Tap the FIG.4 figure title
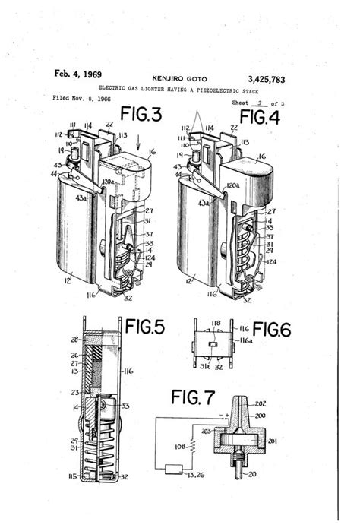point(261,116)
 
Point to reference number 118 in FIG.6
point(215,323)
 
